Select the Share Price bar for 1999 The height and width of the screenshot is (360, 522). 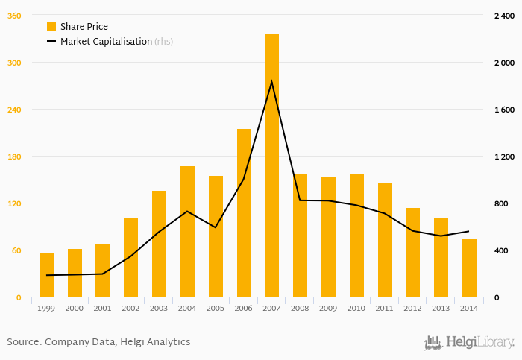pos(46,275)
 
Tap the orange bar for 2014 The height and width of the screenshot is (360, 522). pos(469,268)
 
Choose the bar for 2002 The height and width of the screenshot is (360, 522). pos(130,257)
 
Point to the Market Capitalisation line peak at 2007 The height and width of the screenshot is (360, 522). pos(271,81)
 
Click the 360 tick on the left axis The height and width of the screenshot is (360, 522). pos(14,16)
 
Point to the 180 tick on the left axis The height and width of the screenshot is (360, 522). pos(14,157)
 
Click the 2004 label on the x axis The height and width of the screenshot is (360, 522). pos(187,308)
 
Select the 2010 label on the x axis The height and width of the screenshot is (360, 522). pos(356,308)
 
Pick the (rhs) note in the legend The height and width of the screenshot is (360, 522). pos(164,42)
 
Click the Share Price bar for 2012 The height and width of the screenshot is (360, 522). pos(412,253)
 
